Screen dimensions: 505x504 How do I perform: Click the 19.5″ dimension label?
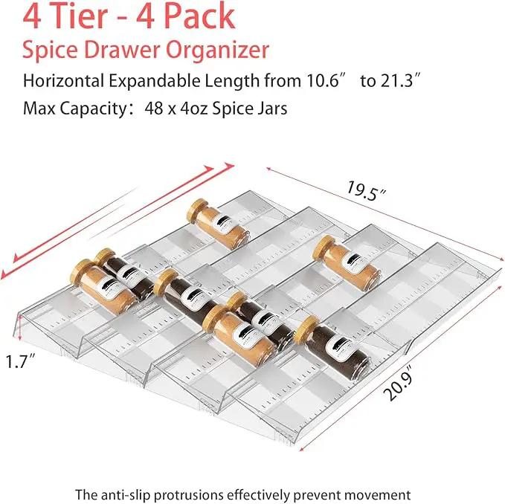click(x=366, y=192)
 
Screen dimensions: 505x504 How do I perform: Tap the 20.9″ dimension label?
click(x=398, y=383)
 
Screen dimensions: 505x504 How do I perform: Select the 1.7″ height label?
click(x=20, y=361)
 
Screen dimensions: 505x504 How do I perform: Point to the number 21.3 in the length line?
click(x=397, y=80)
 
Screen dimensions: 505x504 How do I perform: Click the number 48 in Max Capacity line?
click(x=154, y=109)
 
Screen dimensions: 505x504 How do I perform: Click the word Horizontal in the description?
click(x=63, y=80)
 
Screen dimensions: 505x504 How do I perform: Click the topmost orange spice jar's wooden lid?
click(x=197, y=210)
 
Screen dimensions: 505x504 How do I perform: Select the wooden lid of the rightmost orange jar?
click(x=324, y=248)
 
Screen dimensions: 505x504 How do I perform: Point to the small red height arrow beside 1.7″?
click(x=19, y=328)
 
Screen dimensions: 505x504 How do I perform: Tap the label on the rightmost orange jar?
click(x=353, y=262)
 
